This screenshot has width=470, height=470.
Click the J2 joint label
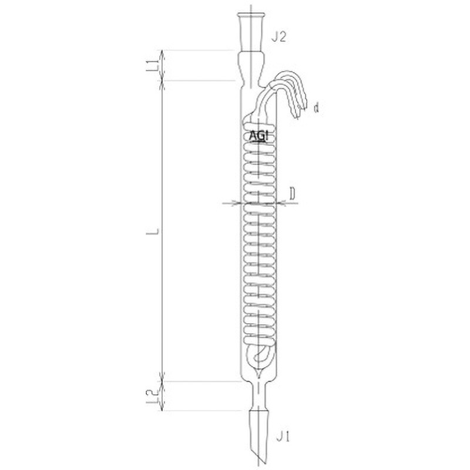click(x=278, y=37)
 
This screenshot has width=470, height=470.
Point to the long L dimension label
click(x=155, y=231)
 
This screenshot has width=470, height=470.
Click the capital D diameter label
click(x=292, y=194)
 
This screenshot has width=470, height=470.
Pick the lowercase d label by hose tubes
click(x=316, y=108)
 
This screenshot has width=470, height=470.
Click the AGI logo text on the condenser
click(x=258, y=136)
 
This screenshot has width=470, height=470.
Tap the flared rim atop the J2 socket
click(x=251, y=15)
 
